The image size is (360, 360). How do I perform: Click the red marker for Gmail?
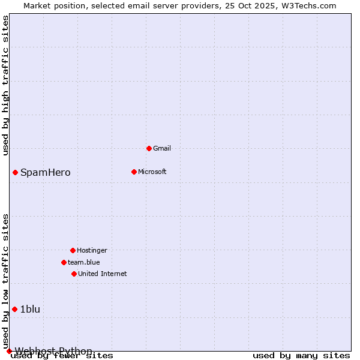coord(149,148)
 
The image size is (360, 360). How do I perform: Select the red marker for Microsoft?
coord(134,172)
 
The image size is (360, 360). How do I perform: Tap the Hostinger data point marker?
coord(73,250)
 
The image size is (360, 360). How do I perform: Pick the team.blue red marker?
coord(64,262)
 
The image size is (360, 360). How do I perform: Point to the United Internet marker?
coord(74,274)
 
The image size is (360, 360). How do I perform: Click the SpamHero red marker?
coord(15,172)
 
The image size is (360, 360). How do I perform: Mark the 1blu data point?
coord(15,309)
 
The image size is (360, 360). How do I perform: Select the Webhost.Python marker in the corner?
coord(9,351)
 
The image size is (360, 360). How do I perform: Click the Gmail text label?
coord(162,148)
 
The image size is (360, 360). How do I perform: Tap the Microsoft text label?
coord(152,172)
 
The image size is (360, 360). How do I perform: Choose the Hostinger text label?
coord(92,250)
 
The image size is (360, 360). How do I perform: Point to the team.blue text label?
coord(84,262)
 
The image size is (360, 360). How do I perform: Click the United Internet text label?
coord(103,274)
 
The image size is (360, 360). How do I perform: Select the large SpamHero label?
coord(46,173)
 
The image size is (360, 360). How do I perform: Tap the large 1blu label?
coord(31,310)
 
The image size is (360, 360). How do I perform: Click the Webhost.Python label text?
coord(54,351)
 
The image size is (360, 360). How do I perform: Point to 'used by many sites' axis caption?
coord(301,356)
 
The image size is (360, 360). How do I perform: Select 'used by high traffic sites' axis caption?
coord(6,85)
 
